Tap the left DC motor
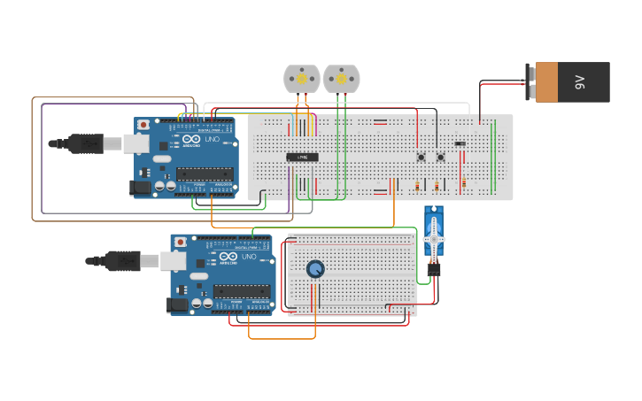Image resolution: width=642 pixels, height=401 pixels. coord(301,79)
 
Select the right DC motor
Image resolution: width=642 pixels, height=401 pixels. coord(341,79)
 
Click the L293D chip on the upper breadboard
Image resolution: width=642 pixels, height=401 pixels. coord(302,158)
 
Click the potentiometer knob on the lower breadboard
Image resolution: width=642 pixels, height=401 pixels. coord(315,269)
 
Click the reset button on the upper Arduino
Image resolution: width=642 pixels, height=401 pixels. coord(143,125)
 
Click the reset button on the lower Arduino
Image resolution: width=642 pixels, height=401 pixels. coord(180,242)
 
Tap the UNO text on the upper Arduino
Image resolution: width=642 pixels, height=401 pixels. coord(213,140)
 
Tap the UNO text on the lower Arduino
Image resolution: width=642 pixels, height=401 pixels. coord(250,257)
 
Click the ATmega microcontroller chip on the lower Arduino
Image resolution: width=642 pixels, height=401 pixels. coord(241,291)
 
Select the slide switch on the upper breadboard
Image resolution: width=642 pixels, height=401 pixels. coord(460,143)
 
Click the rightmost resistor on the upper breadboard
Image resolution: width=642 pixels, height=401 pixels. coord(463,183)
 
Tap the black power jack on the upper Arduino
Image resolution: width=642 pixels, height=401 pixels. coord(140,187)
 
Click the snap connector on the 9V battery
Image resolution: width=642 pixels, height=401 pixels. coord(530,82)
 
